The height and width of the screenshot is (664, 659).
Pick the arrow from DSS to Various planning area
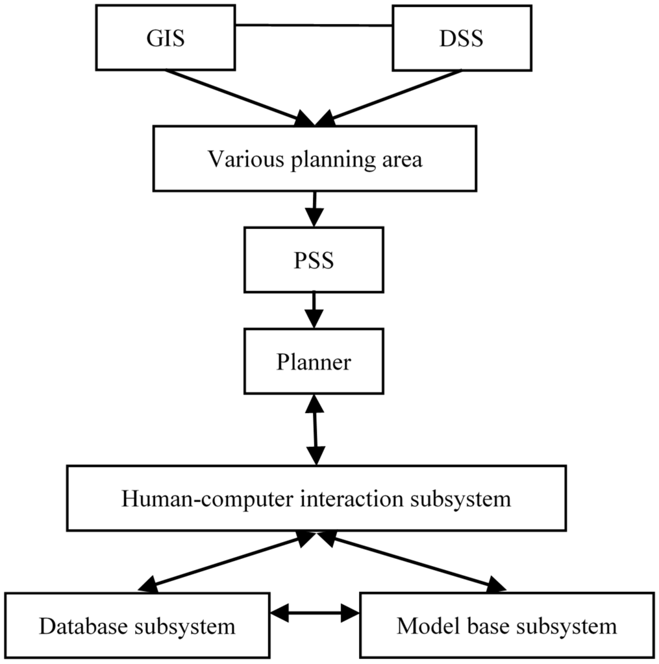click(x=390, y=96)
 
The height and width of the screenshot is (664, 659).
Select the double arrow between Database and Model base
click(x=314, y=611)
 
